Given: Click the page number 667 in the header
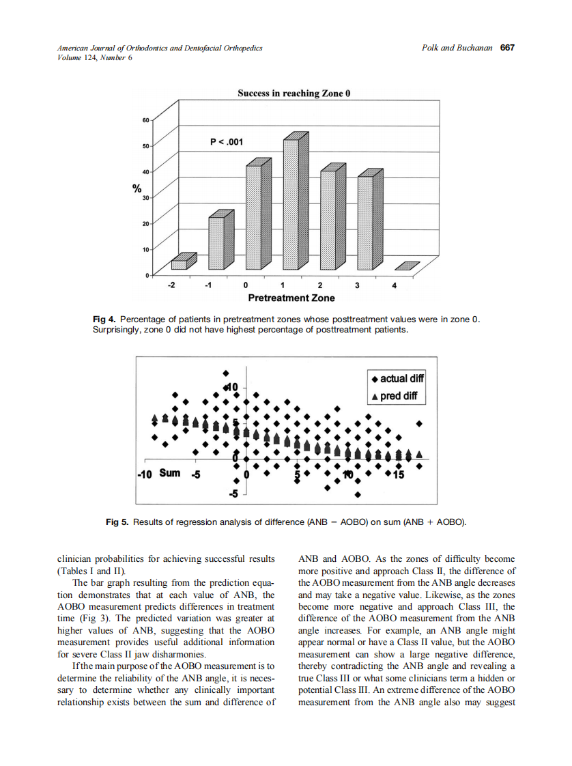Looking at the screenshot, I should (506, 48).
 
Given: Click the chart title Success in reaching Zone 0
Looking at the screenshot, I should (294, 94).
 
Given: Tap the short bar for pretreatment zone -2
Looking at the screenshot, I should (179, 264).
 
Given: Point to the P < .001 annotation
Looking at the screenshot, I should (226, 142).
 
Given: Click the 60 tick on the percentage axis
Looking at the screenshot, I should (145, 120).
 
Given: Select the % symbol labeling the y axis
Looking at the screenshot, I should (137, 189).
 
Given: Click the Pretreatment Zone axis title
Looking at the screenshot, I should (291, 298).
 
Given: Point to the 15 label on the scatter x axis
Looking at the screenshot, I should (399, 474).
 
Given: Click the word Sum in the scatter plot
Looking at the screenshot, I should (170, 473).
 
